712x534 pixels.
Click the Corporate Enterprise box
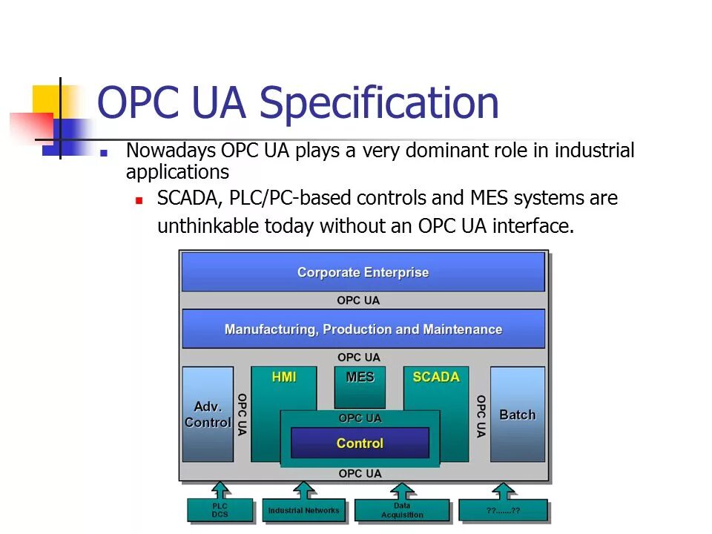(363, 272)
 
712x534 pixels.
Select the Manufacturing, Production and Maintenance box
(363, 329)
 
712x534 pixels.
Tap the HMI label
(284, 377)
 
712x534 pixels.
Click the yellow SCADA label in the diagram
(436, 377)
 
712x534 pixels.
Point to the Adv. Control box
(208, 414)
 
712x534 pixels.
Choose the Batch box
(517, 414)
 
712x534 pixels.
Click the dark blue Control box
(360, 443)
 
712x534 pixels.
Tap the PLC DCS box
(220, 510)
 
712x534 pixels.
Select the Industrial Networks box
(303, 510)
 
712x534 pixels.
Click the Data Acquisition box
(402, 510)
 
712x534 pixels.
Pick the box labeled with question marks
(503, 510)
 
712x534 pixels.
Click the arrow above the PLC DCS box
(220, 490)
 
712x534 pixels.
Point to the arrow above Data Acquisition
(402, 490)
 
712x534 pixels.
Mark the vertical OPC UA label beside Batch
(481, 415)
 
